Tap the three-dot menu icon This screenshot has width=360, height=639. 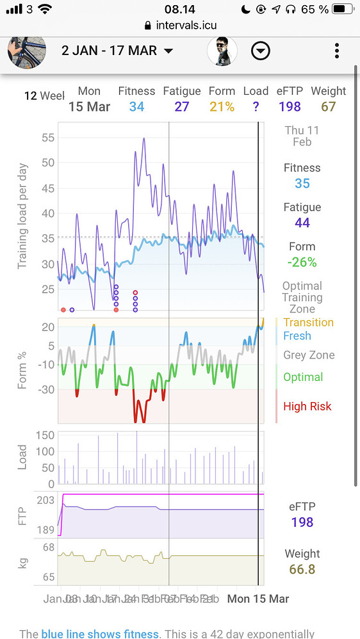[337, 51]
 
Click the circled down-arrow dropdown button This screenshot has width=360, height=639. [260, 51]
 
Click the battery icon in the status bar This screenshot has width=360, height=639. [343, 9]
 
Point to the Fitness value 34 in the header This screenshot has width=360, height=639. [136, 107]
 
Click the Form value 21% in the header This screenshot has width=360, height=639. [222, 107]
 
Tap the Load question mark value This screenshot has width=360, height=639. [256, 107]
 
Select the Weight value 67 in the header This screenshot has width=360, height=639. [328, 107]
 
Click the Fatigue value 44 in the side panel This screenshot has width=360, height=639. [302, 223]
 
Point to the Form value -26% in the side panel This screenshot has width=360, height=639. [302, 262]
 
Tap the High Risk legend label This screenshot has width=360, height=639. [307, 406]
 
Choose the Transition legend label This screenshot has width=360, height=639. [308, 322]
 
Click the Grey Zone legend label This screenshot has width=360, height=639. [309, 355]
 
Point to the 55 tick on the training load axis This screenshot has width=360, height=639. [47, 138]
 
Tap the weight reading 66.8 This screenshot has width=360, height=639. [302, 569]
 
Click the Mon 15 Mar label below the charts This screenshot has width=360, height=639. [258, 599]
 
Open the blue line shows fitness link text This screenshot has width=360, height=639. [99, 634]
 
